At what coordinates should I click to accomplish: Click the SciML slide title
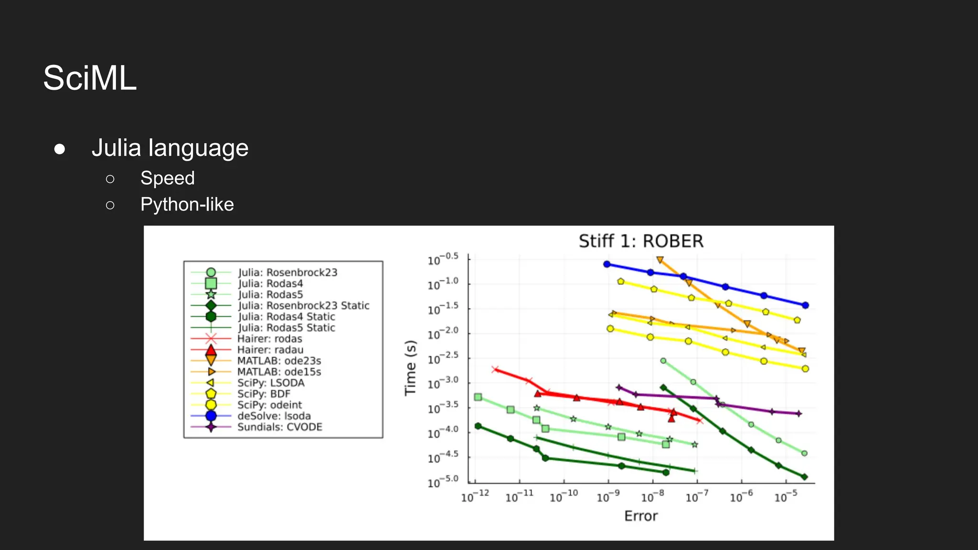[x=90, y=78]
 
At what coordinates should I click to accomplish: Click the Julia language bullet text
[x=170, y=148]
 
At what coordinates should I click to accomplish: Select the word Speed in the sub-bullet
[x=167, y=178]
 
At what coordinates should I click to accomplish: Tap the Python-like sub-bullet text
[x=187, y=204]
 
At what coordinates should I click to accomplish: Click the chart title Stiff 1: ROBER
[x=641, y=241]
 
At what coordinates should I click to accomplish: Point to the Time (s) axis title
[x=411, y=368]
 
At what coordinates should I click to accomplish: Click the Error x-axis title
[x=641, y=516]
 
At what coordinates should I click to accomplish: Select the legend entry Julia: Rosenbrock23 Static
[x=304, y=306]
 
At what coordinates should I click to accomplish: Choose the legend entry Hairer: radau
[x=270, y=350]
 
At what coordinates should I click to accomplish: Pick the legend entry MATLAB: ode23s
[x=279, y=361]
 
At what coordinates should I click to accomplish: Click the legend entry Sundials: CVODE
[x=280, y=427]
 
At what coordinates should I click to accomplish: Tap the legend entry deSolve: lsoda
[x=274, y=416]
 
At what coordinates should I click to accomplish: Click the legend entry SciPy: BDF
[x=264, y=394]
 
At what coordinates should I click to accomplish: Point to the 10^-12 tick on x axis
[x=475, y=498]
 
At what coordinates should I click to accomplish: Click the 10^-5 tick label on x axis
[x=786, y=498]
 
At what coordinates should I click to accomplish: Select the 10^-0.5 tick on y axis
[x=443, y=260]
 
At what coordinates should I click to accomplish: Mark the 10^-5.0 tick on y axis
[x=443, y=482]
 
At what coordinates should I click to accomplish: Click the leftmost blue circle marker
[x=607, y=264]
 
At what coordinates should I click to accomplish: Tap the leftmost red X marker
[x=495, y=369]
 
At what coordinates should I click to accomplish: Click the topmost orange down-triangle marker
[x=660, y=260]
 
